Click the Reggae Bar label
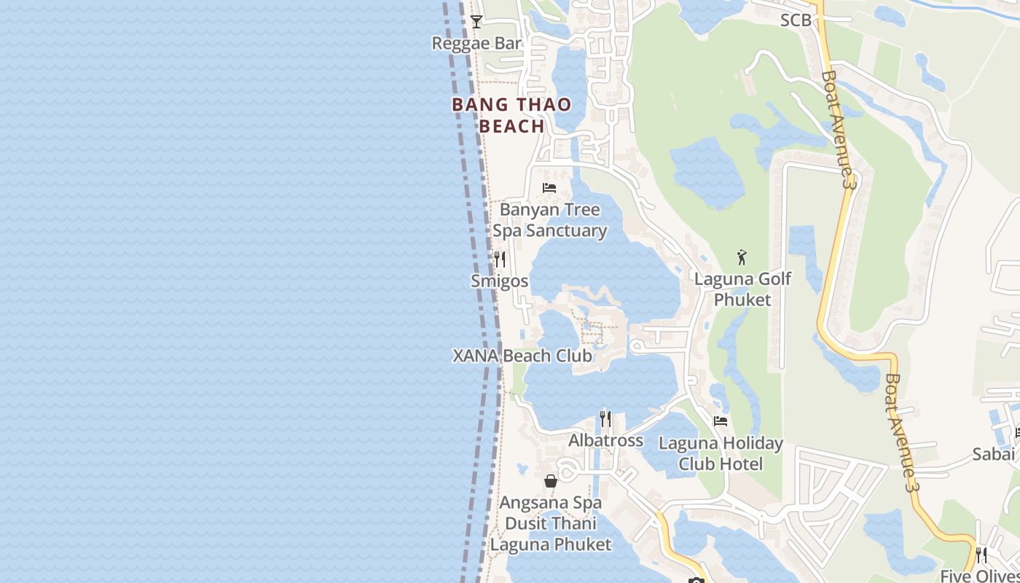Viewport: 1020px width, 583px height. click(476, 43)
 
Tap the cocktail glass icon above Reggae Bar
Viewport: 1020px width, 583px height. click(476, 22)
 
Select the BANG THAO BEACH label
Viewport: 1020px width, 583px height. click(511, 115)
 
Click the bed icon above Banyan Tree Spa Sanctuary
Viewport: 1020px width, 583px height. click(549, 188)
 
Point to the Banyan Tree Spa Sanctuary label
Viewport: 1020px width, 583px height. click(550, 220)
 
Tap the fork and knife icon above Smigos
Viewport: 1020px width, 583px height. click(500, 259)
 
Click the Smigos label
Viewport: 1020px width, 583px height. click(500, 281)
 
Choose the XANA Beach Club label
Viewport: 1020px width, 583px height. click(522, 356)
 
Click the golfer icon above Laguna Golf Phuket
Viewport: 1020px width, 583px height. click(742, 257)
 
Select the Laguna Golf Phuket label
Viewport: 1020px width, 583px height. click(742, 289)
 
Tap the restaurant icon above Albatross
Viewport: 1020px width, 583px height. click(605, 419)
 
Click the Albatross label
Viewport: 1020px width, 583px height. click(605, 440)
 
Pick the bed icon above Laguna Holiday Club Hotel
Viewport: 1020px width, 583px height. click(721, 421)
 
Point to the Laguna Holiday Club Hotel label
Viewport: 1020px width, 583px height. click(721, 453)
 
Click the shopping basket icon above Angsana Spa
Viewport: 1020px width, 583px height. click(551, 481)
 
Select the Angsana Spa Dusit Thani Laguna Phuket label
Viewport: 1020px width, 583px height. click(551, 523)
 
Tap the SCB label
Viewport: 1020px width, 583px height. click(796, 20)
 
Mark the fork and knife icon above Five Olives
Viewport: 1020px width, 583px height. click(981, 555)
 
